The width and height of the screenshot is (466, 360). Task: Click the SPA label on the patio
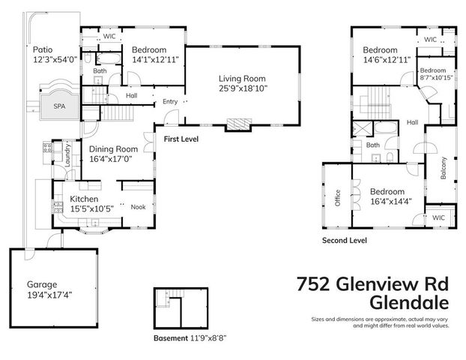tap(59, 106)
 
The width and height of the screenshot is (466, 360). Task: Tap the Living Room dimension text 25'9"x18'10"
tap(242, 88)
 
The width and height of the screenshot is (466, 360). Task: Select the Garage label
tap(42, 284)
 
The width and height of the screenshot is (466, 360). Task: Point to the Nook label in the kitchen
tap(138, 207)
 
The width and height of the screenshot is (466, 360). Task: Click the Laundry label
tap(67, 153)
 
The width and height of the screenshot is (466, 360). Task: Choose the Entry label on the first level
tap(170, 101)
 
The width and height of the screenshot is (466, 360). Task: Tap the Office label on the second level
tap(338, 196)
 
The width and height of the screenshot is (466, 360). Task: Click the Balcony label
tap(444, 166)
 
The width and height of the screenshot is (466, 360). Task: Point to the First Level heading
tap(182, 139)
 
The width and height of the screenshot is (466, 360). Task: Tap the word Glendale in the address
tap(410, 303)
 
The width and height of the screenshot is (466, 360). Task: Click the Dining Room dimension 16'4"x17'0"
tap(113, 159)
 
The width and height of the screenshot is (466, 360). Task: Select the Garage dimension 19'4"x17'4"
tap(49, 295)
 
